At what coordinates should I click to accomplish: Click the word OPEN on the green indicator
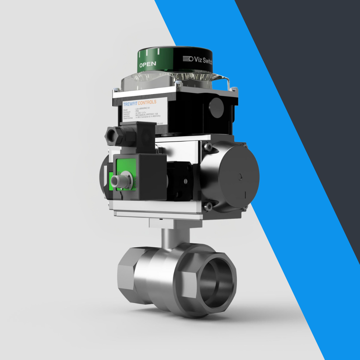click(x=148, y=64)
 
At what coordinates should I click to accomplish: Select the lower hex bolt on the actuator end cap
click(x=208, y=206)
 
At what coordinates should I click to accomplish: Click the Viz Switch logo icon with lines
click(x=188, y=59)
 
